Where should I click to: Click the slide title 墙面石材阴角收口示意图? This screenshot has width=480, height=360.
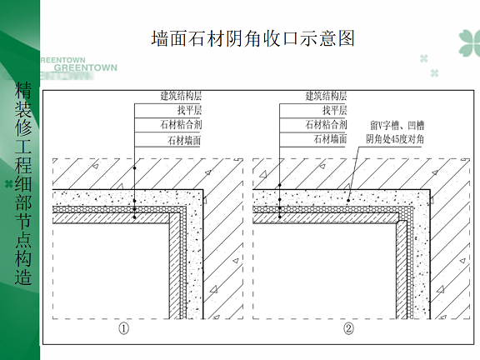click(252, 38)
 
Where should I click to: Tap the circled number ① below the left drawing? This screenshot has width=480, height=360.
click(123, 329)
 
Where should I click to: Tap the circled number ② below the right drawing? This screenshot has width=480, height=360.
click(348, 329)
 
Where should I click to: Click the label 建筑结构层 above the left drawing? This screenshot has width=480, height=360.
click(181, 96)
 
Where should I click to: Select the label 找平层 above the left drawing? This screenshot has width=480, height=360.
click(189, 110)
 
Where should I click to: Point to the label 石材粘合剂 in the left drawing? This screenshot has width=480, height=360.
click(181, 125)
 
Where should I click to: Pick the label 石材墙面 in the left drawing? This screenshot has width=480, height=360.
click(184, 140)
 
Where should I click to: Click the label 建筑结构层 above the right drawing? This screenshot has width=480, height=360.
click(326, 96)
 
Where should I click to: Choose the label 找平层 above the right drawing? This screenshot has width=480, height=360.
click(335, 110)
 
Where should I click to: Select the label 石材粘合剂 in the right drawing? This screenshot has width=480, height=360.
click(326, 124)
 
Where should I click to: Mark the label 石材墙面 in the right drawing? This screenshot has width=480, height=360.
click(330, 139)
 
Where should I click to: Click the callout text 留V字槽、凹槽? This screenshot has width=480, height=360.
click(397, 125)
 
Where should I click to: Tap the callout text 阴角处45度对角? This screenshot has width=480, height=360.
click(395, 139)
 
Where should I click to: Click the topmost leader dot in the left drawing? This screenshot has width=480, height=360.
click(134, 168)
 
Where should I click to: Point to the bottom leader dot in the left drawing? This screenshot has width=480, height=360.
click(134, 217)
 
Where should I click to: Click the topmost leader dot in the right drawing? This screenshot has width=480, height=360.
click(279, 185)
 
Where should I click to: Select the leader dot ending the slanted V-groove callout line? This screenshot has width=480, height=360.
click(348, 201)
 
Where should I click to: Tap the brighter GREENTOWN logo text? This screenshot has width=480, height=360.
click(85, 67)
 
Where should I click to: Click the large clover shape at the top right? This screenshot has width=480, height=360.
click(470, 42)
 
